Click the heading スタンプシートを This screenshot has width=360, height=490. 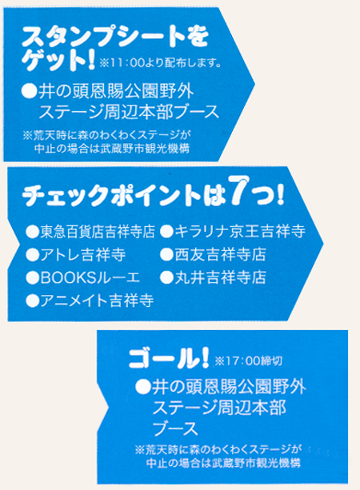tap(115, 37)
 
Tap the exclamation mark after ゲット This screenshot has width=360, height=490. tap(91, 59)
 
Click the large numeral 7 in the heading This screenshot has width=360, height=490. tap(239, 190)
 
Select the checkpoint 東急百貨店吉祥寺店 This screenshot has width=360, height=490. tap(98, 232)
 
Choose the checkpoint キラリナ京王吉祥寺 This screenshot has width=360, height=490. tap(240, 232)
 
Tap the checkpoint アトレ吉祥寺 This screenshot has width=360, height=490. tap(83, 255)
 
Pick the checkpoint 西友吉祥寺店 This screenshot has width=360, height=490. tap(220, 255)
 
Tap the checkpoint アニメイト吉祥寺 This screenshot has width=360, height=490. tap(97, 301)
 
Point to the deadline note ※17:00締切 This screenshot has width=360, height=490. tap(249, 361)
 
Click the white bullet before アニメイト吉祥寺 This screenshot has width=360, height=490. tap(32, 301)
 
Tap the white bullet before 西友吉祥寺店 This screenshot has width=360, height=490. tap(166, 255)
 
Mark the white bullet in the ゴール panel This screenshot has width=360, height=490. tap(143, 388)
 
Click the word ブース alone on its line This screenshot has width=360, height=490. tap(175, 428)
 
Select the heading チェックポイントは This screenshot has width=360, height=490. tap(124, 196)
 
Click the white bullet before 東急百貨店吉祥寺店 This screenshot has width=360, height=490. tap(32, 232)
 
